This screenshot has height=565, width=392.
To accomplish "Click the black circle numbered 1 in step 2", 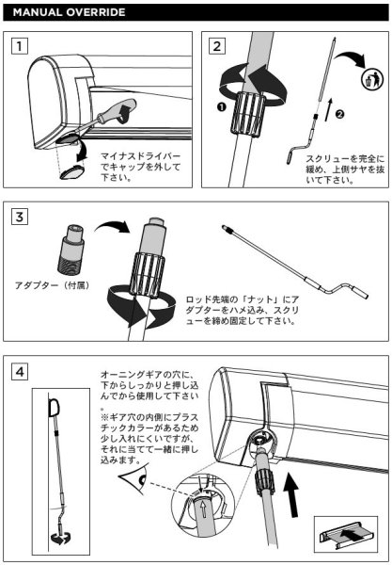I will [x=220, y=108].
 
